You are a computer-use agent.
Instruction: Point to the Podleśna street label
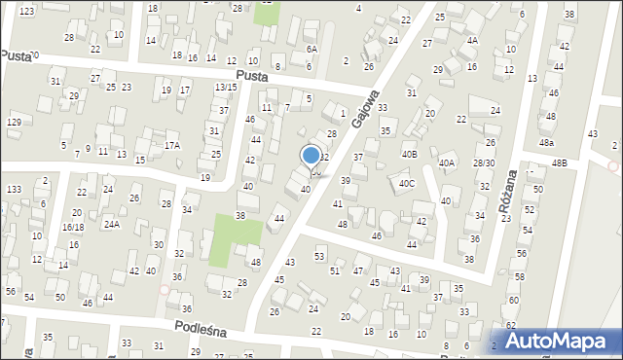point(201,331)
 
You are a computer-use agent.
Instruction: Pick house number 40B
point(410,154)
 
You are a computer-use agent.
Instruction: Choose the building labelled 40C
point(406,183)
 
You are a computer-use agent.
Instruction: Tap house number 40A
point(447,163)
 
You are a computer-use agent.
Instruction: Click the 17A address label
point(172,145)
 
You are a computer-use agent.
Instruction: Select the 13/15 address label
point(226,88)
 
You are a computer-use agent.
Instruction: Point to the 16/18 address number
point(72,227)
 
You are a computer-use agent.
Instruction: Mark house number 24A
point(112,225)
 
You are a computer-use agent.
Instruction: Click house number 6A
point(311,49)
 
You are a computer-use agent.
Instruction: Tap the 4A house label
point(472,41)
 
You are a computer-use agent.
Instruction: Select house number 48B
point(559,163)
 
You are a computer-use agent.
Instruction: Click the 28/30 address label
point(484,163)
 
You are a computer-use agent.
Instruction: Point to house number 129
point(14,122)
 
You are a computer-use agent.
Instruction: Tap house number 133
point(14,189)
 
